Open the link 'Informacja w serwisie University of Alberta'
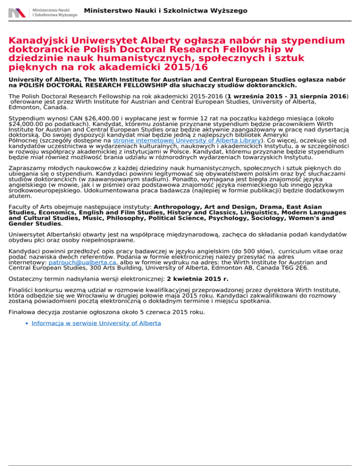(x=96, y=323)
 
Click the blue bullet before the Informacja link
(x=27, y=323)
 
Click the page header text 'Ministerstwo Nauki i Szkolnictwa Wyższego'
(x=165, y=10)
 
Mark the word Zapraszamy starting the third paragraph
(x=28, y=167)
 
